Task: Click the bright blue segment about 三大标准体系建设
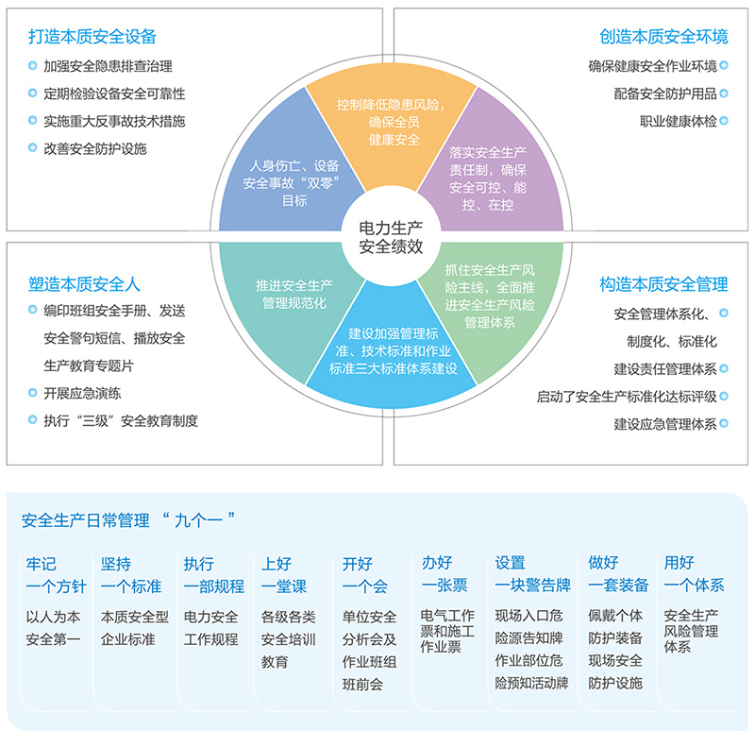[x=389, y=349]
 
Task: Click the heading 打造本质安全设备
[x=92, y=38]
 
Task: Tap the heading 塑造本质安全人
[x=84, y=282]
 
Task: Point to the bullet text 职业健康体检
[x=678, y=121]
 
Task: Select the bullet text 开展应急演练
[x=82, y=393]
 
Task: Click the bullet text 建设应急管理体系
[x=664, y=424]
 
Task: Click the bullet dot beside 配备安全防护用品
[x=724, y=93]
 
